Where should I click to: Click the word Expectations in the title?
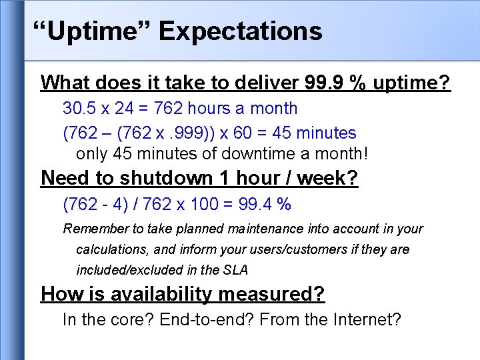pos(241,31)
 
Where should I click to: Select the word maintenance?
pos(265,229)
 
